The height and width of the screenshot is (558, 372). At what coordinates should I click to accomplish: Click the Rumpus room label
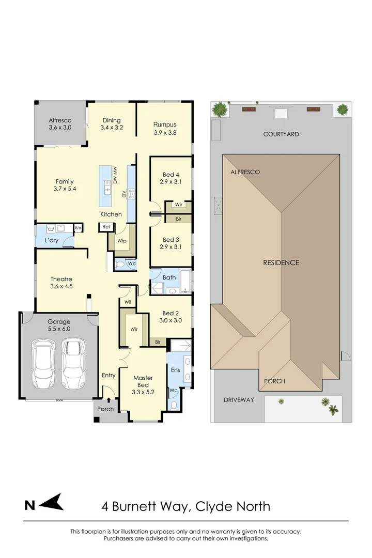click(x=165, y=125)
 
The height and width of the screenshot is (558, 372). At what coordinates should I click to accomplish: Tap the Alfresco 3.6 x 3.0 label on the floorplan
click(x=60, y=124)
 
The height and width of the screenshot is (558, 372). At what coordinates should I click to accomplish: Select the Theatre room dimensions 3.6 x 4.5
click(x=61, y=286)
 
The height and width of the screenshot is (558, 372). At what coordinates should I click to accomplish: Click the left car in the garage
click(x=43, y=364)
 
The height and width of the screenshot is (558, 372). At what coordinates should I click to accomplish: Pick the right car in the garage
click(x=72, y=364)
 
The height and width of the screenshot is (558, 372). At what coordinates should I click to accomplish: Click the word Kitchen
click(x=111, y=214)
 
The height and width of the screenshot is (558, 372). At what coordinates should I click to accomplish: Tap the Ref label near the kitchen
click(x=106, y=227)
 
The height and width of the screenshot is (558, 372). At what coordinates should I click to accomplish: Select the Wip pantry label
click(x=121, y=241)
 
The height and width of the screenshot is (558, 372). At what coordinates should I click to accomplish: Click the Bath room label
click(x=169, y=277)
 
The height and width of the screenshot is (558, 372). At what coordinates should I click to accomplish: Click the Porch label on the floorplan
click(x=105, y=409)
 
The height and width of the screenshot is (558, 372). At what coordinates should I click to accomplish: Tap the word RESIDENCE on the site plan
click(x=281, y=262)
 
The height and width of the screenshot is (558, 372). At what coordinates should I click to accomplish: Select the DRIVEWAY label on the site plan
click(x=239, y=400)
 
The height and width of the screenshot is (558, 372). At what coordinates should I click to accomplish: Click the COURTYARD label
click(x=281, y=134)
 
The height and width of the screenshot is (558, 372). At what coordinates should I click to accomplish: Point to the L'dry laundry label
click(x=51, y=241)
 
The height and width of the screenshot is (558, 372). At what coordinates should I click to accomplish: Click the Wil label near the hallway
click(x=128, y=302)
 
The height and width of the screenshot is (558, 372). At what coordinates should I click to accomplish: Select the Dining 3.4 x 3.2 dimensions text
click(x=111, y=127)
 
